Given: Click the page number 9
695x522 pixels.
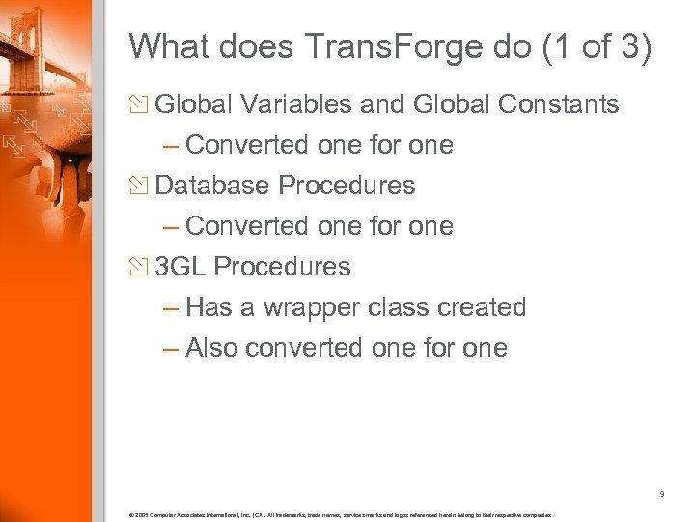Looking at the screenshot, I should (661, 495).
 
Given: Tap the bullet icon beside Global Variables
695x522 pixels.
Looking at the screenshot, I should (141, 105).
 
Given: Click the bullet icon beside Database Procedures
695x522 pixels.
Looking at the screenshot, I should (141, 186).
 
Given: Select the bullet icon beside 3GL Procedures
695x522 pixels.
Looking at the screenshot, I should (141, 267).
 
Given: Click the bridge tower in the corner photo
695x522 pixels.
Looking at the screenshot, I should (21, 34).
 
